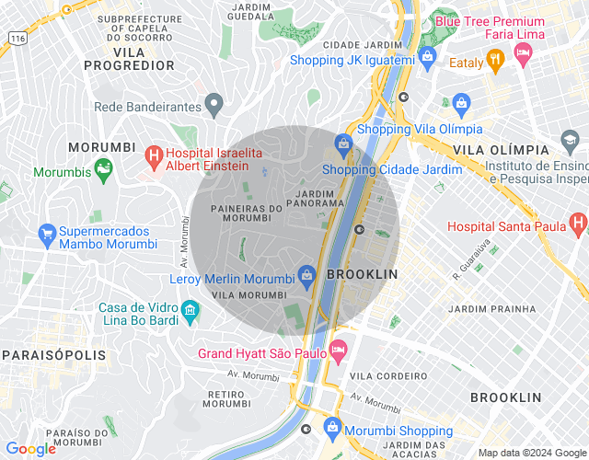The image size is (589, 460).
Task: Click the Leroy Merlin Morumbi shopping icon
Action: tap(306, 274)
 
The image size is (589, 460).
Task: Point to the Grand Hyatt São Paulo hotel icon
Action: tap(339, 349)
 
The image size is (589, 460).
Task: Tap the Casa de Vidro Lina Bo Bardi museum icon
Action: tap(190, 310)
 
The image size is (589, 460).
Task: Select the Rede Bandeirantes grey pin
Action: tap(214, 105)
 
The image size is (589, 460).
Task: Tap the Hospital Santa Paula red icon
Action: tap(577, 223)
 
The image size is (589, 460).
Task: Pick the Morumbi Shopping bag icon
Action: tap(332, 430)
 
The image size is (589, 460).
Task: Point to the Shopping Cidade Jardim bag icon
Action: tap(343, 144)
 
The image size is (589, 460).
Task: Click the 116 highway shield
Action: tap(17, 38)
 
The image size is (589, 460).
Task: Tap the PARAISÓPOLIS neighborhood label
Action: tap(53, 354)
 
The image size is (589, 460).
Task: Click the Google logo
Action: tap(30, 448)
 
